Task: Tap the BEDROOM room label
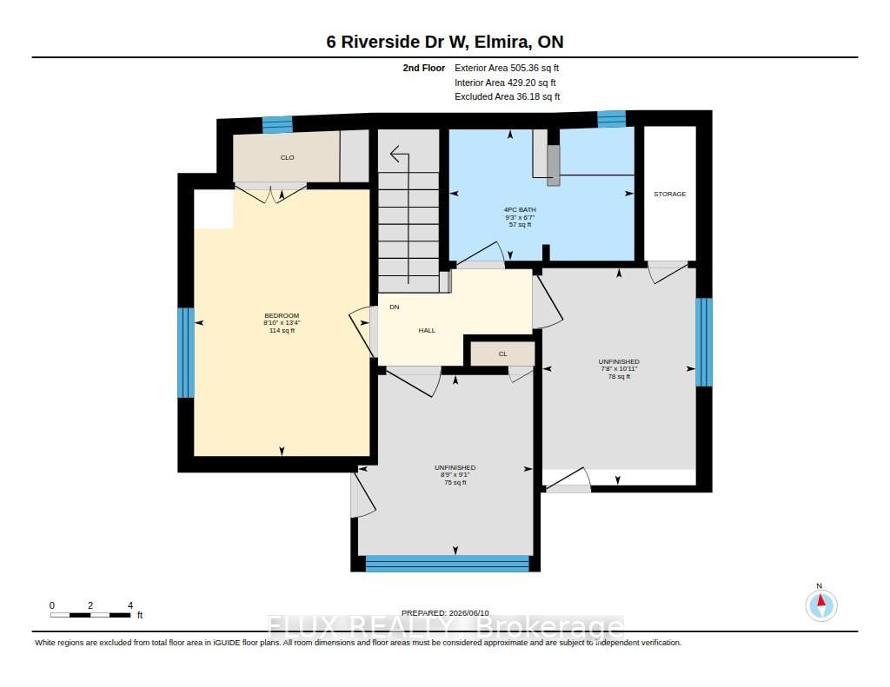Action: tap(282, 315)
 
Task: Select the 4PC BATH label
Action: tap(520, 209)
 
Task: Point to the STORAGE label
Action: tap(670, 194)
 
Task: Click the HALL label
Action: tap(427, 330)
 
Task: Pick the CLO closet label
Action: tap(287, 158)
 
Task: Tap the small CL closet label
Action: tap(502, 354)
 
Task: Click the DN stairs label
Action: tap(395, 307)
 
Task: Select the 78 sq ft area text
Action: tap(619, 376)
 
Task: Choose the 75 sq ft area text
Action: tap(455, 482)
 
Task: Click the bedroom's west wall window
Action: tap(186, 353)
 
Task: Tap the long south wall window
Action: tap(448, 564)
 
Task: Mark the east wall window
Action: tap(704, 342)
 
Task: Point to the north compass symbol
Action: tap(820, 604)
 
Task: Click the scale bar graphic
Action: tap(90, 615)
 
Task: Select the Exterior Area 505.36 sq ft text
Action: tap(507, 68)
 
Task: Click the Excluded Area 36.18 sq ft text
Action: tap(508, 96)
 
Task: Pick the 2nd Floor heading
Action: tap(424, 68)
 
